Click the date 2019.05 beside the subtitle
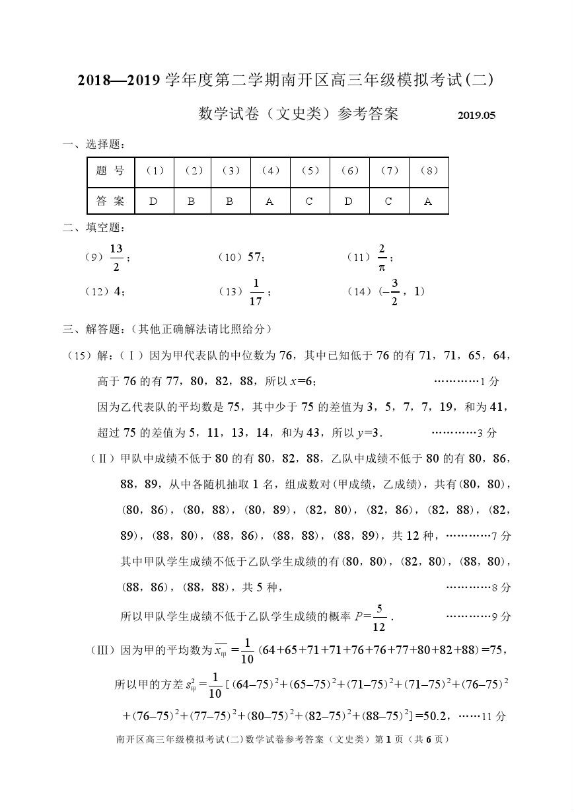click(x=476, y=116)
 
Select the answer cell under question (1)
click(x=153, y=202)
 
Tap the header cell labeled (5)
click(x=310, y=171)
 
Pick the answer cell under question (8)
click(x=428, y=202)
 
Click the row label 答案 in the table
click(x=110, y=202)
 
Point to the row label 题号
click(x=110, y=171)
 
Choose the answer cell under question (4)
click(x=269, y=202)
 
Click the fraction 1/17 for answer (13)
click(x=256, y=292)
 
